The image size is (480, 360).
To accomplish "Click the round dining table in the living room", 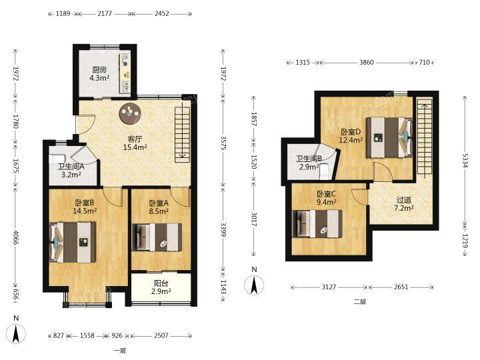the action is click(x=130, y=113).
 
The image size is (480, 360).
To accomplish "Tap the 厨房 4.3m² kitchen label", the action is click(x=99, y=74).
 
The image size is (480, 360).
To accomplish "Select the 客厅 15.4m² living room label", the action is click(x=135, y=143).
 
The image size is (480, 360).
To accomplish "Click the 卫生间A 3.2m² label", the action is click(x=71, y=171).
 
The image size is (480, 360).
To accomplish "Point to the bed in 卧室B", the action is click(x=73, y=242).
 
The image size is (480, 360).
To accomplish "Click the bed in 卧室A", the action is click(x=157, y=237).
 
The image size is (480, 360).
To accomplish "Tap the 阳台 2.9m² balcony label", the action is click(x=161, y=287).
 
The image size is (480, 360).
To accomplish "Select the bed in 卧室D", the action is click(x=389, y=137).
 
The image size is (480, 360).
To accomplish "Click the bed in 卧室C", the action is click(x=317, y=223).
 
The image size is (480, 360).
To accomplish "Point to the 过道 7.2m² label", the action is click(x=404, y=204).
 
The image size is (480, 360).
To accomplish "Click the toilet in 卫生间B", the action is click(x=324, y=171).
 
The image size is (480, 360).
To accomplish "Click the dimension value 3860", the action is click(x=367, y=63).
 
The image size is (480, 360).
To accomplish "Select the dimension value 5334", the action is click(x=465, y=160).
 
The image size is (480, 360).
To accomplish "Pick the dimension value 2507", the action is click(x=161, y=335).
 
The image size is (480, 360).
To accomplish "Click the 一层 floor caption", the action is click(x=120, y=351).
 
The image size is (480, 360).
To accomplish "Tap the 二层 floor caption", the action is click(x=360, y=301).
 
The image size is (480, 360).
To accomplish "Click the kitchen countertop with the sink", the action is click(x=125, y=73).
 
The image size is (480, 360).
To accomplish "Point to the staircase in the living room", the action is click(x=183, y=134).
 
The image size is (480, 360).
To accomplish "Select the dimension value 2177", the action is click(x=105, y=13).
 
